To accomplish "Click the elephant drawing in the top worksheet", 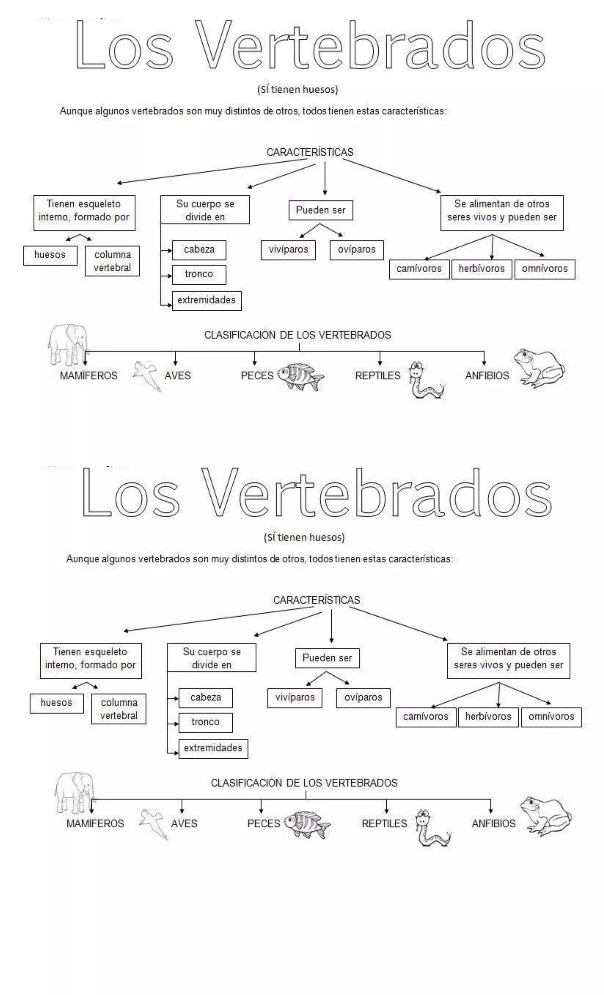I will click(68, 344).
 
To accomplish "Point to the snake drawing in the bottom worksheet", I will click(431, 828).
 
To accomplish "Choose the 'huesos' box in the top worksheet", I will click(50, 255).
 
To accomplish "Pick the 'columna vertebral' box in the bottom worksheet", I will click(119, 709).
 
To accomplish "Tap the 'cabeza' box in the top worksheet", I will click(199, 250).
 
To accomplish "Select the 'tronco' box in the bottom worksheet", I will click(206, 722).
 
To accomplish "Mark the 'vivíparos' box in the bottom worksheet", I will click(295, 697).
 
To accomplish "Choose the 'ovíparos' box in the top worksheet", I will click(357, 250).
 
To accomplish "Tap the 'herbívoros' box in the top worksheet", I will click(482, 269).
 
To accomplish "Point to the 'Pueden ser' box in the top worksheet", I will click(321, 210).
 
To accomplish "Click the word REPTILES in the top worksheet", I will click(377, 376).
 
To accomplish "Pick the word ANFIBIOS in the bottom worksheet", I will click(493, 823).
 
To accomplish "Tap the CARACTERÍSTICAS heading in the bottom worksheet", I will click(316, 600).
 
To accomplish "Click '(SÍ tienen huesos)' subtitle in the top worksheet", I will click(298, 89).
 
